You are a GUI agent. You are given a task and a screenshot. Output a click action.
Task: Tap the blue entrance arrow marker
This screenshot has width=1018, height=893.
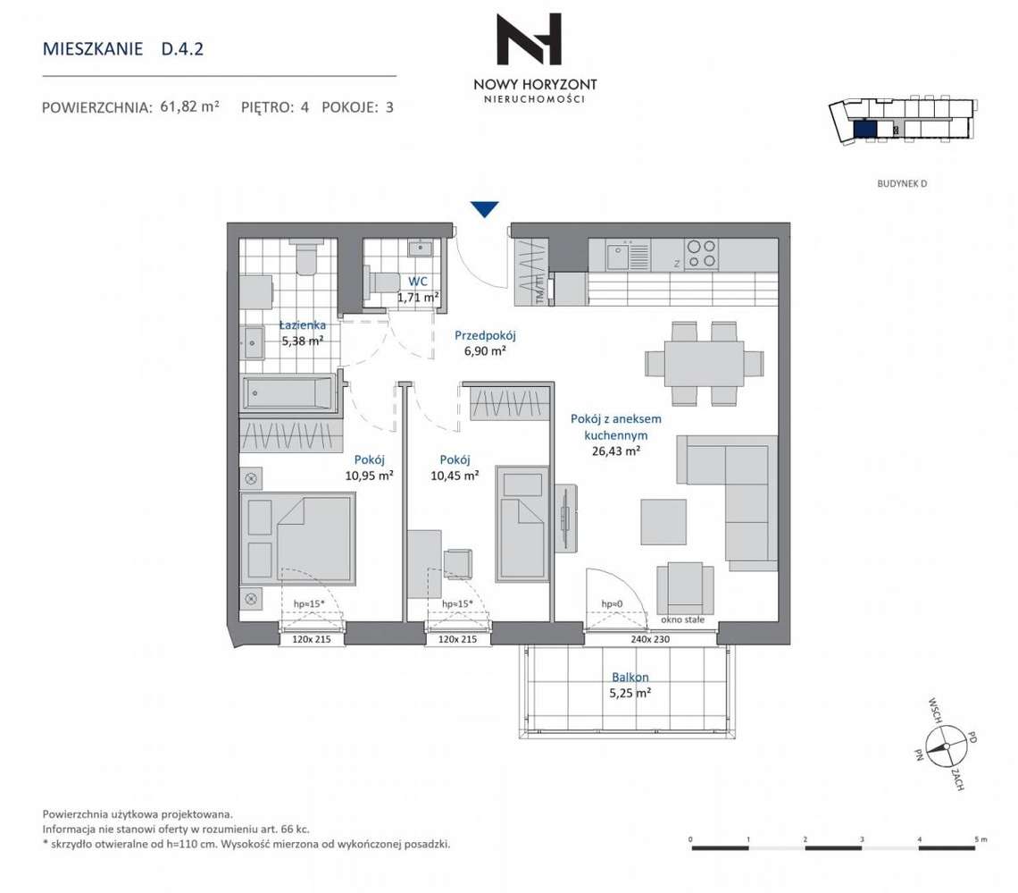(x=484, y=209)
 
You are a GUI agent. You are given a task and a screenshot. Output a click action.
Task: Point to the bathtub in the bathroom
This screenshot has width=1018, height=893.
(x=288, y=392)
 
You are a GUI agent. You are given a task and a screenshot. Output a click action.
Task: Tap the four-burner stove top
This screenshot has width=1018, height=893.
(x=701, y=254)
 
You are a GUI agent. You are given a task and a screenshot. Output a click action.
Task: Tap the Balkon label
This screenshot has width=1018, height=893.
(x=630, y=677)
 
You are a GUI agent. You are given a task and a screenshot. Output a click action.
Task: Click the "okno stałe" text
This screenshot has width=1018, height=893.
(x=682, y=619)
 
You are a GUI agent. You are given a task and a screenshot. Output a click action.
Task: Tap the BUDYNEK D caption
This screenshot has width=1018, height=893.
(x=904, y=184)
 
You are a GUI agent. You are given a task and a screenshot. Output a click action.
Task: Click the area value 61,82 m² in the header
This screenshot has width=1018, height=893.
(x=189, y=107)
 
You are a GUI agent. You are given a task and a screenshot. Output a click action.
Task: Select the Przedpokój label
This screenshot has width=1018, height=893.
(x=486, y=336)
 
